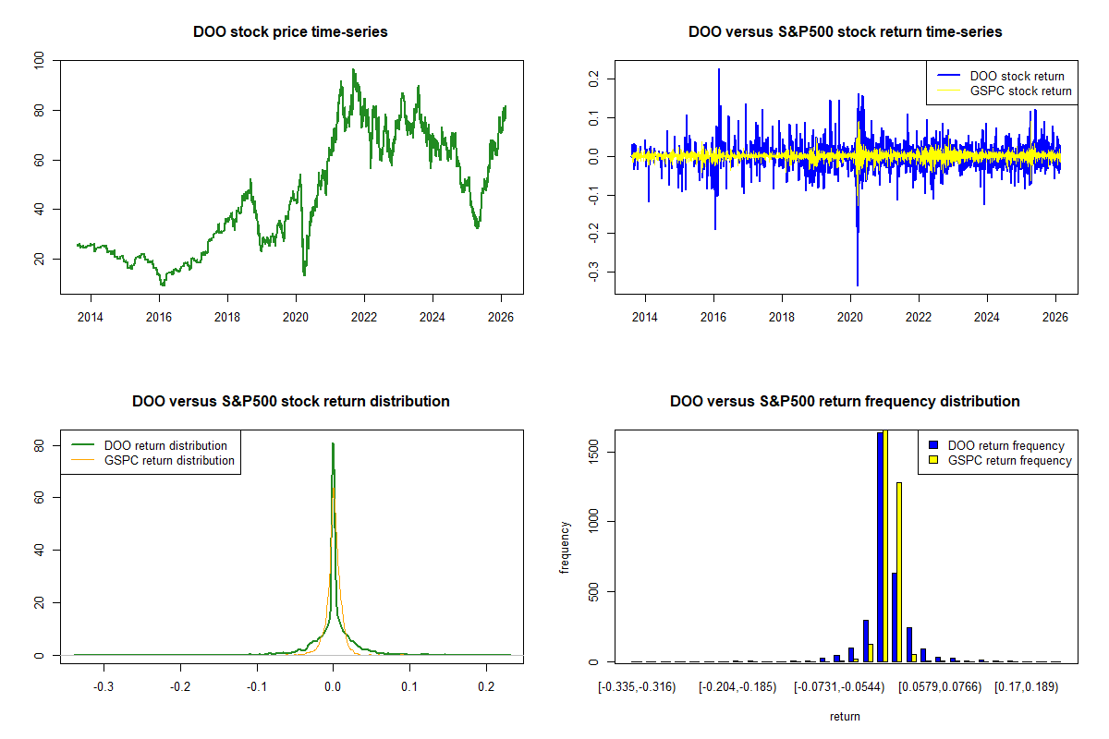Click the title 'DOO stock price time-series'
[x=290, y=32]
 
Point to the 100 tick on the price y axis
[x=39, y=61]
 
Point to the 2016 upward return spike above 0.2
[x=718, y=70]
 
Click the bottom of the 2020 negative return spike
[x=858, y=284]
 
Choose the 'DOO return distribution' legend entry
[x=165, y=445]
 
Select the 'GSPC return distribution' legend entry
[x=169, y=460]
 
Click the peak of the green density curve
[x=333, y=444]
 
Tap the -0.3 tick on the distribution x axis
[x=104, y=689]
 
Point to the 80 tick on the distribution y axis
[x=39, y=444]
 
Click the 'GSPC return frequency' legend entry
[x=1009, y=460]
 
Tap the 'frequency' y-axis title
[x=566, y=546]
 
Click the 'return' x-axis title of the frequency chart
[x=845, y=716]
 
